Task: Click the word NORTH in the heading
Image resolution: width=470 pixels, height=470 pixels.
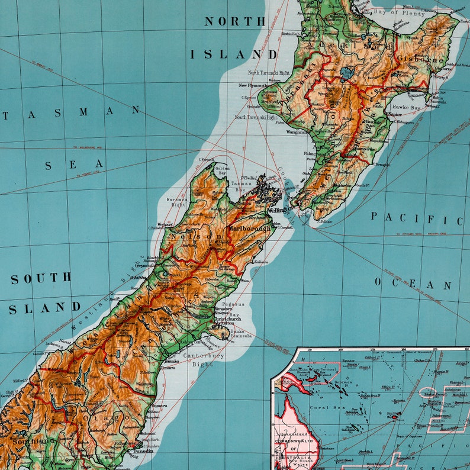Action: click(235, 21)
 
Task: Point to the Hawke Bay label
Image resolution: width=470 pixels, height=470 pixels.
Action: click(405, 108)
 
